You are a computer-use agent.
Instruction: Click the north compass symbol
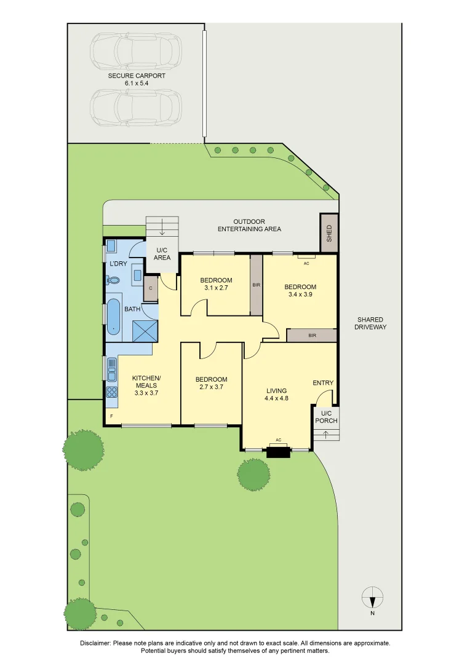pos(373,597)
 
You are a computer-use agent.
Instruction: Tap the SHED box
pos(329,233)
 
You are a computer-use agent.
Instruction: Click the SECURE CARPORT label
pos(137,79)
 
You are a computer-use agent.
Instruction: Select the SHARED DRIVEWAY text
pos(370,323)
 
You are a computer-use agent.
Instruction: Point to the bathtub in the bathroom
pos(113,316)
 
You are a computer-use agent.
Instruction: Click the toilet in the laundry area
pos(113,280)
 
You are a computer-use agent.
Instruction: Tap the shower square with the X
pos(146,331)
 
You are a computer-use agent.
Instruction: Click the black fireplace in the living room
pos(278,453)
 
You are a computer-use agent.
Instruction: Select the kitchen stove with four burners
pos(112,392)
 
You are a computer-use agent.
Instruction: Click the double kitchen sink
pos(112,370)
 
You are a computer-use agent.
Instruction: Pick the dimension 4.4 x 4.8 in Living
pos(277,398)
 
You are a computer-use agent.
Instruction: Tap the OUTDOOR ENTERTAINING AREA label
pos(249,225)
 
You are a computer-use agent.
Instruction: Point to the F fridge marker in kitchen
pos(111,416)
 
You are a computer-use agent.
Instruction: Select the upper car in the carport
pos(137,52)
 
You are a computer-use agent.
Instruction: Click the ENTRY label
pos(323,383)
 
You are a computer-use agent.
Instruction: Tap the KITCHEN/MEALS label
pos(146,381)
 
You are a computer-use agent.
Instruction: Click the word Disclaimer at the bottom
pos(95,643)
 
